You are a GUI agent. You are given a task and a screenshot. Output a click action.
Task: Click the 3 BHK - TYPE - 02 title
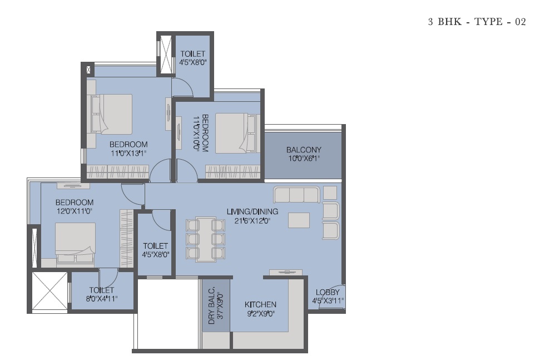coord(477,22)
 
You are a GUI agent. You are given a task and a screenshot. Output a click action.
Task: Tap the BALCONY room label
coord(304,150)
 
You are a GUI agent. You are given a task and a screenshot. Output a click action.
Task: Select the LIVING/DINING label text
coord(252,211)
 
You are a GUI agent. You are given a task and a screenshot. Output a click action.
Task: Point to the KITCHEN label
coord(260,304)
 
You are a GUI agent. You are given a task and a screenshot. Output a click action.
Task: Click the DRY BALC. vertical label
coord(211,307)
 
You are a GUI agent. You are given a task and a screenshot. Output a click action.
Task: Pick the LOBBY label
coord(328,292)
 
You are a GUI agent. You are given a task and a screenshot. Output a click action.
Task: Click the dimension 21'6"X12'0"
coord(252,221)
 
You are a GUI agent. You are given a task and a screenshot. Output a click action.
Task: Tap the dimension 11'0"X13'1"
coord(128,154)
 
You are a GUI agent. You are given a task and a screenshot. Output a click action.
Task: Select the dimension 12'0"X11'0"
coord(75,211)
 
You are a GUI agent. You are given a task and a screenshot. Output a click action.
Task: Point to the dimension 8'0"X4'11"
coord(102,299)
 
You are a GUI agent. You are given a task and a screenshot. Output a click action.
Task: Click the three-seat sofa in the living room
coord(297,195)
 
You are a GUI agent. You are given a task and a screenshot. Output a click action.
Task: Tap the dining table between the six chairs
coord(206,239)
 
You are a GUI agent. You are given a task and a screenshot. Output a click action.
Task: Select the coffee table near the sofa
coord(299,220)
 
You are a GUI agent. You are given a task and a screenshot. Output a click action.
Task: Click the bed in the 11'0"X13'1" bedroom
coord(112,114)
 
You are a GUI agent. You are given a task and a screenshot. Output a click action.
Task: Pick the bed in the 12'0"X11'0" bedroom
coord(76,243)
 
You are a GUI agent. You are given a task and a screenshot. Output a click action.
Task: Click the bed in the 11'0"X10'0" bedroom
coord(235,133)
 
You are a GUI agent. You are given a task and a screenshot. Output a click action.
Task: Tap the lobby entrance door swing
coord(332,297)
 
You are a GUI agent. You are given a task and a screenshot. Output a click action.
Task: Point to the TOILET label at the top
coord(192,53)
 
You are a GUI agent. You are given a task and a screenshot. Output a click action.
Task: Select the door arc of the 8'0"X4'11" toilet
coord(112,280)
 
